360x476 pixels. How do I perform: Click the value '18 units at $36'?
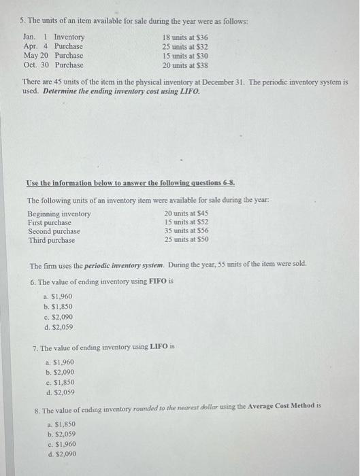[x=185, y=37]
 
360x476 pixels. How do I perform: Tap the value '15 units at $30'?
[x=185, y=56]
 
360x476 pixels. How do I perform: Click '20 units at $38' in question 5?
[x=185, y=65]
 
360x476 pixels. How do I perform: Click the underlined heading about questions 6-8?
[x=131, y=183]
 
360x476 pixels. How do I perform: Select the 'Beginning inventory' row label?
[x=59, y=214]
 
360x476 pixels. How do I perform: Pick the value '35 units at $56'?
[x=186, y=232]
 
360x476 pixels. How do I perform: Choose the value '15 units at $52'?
[x=186, y=223]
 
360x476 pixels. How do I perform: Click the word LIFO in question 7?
[x=158, y=347]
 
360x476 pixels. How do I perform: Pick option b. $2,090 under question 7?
[x=59, y=373]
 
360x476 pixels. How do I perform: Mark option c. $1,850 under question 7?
[x=59, y=382]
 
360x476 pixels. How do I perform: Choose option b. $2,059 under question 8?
[x=61, y=434]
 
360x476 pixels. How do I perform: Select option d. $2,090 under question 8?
[x=61, y=454]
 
